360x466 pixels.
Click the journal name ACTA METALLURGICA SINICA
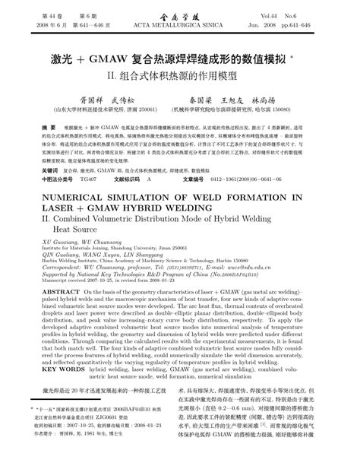pos(180,24)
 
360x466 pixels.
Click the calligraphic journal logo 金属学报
pos(180,14)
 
